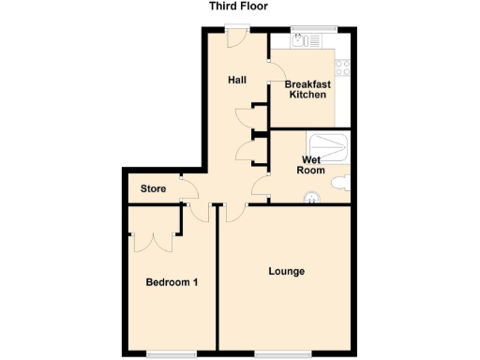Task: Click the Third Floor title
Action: pos(239,7)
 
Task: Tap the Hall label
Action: pos(237,80)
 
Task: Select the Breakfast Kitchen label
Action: pos(307,90)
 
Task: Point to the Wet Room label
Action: pos(310,166)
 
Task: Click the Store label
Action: pos(153,189)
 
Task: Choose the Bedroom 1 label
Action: pos(171,281)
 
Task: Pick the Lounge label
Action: pos(286,272)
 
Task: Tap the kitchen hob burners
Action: pos(343,67)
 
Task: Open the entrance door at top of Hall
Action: pos(234,36)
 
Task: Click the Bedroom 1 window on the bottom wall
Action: pos(172,353)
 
